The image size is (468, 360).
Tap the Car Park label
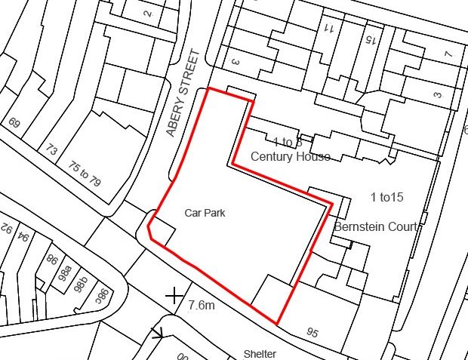pyautogui.click(x=205, y=214)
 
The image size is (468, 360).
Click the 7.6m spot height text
pyautogui.click(x=202, y=305)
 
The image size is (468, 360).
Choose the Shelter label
pyautogui.click(x=260, y=353)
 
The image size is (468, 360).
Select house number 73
pyautogui.click(x=51, y=149)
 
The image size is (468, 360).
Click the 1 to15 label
pyautogui.click(x=387, y=198)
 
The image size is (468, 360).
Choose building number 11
pyautogui.click(x=329, y=29)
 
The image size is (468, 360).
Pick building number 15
pyautogui.click(x=370, y=37)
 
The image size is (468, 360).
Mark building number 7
pyautogui.click(x=448, y=55)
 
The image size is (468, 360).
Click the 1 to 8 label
pyautogui.click(x=288, y=141)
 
